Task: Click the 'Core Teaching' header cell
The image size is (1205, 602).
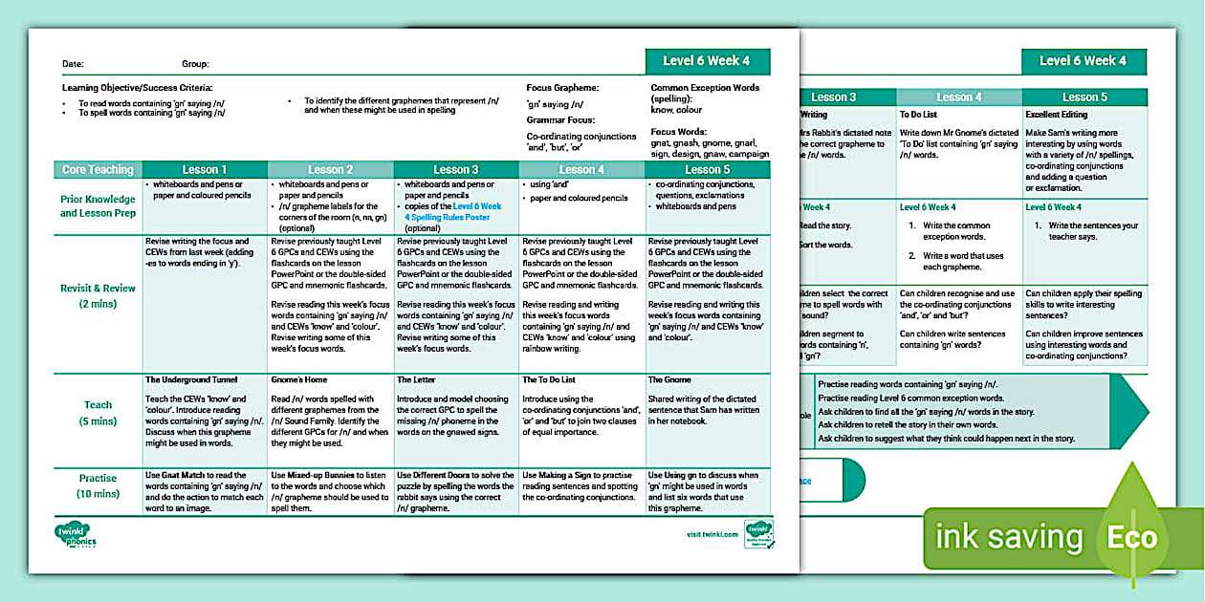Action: coord(98,170)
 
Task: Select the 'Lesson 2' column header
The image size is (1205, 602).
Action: coord(330,170)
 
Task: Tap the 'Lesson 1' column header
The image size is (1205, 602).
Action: coord(205,170)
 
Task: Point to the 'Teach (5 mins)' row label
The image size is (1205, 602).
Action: coord(98,413)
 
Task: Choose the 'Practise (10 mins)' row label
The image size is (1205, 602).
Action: coord(98,485)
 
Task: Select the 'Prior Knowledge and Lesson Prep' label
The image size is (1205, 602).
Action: coord(98,205)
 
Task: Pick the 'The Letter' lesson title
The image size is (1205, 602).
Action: coord(418,380)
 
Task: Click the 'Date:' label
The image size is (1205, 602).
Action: coord(73,64)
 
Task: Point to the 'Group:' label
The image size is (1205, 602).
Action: coord(195,64)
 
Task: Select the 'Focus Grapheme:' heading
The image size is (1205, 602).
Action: coord(562,87)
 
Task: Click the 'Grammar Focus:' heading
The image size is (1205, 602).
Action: coord(561,120)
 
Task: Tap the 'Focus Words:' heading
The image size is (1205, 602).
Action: coord(679,132)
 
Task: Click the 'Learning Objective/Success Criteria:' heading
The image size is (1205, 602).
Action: coord(137,87)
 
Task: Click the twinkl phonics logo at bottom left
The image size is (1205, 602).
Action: coord(77,535)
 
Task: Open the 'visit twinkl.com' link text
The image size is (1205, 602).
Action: coord(712,534)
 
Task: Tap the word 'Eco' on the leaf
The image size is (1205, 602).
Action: coord(1132,537)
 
